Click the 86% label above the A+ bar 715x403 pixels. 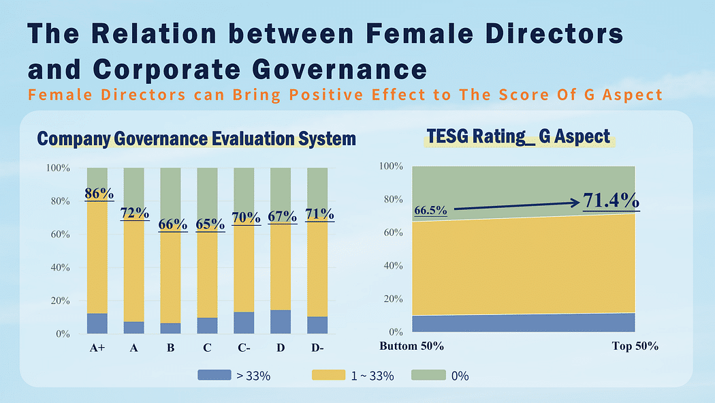[99, 194]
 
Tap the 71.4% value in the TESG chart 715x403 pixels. [610, 201]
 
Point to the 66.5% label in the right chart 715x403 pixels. [430, 211]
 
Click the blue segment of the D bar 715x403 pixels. [281, 322]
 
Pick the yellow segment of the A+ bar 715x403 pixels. [97, 259]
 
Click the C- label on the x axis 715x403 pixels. [244, 348]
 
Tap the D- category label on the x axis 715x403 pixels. [317, 348]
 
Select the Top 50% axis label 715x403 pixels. [635, 346]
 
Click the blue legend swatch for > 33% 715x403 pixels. [214, 375]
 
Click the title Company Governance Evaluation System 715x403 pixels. [196, 139]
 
